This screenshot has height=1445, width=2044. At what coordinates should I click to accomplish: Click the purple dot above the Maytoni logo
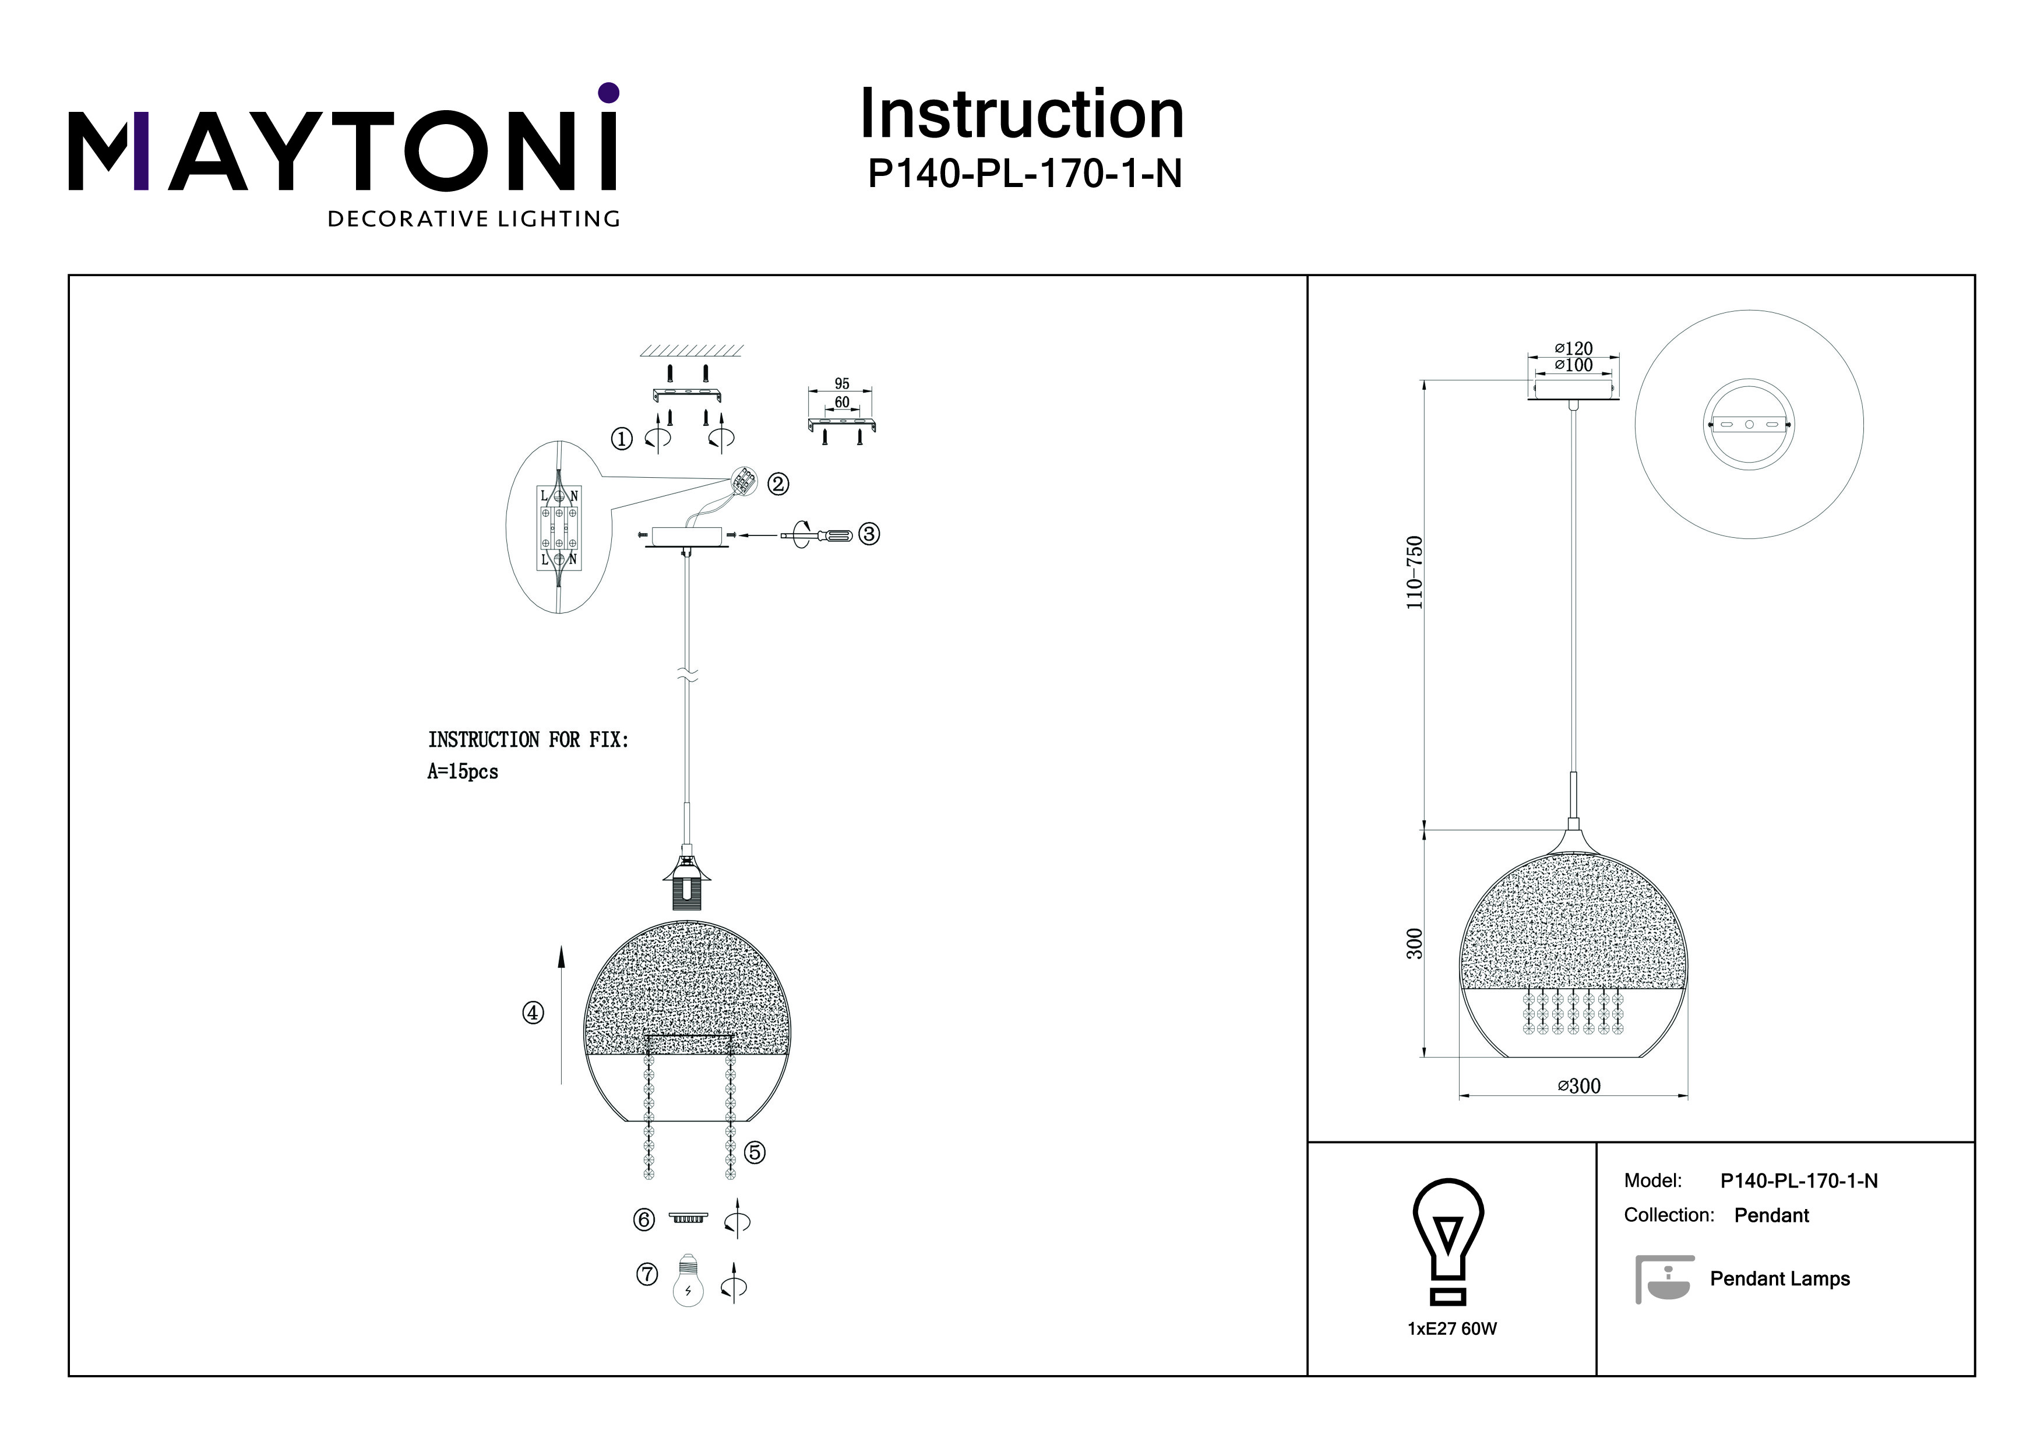(x=609, y=93)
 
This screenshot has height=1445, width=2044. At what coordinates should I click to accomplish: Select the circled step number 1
(x=621, y=438)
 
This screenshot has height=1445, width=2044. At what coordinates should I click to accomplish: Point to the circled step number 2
(x=778, y=484)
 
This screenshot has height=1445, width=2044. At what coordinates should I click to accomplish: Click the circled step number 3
(x=869, y=534)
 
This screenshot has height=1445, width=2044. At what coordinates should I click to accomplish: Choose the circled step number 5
(x=754, y=1153)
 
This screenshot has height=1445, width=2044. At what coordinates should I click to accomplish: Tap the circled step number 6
(x=644, y=1220)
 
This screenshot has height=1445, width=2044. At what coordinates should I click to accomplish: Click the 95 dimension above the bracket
(x=841, y=384)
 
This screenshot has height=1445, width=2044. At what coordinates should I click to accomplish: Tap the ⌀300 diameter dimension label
(x=1579, y=1086)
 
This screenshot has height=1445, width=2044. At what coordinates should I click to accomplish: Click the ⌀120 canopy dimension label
(x=1574, y=349)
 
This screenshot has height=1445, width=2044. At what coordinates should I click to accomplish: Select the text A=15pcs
(x=463, y=772)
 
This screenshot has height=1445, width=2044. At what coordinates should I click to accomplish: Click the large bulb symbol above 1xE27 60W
(x=1449, y=1243)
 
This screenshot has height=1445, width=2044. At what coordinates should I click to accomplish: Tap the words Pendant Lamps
(x=1779, y=1278)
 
